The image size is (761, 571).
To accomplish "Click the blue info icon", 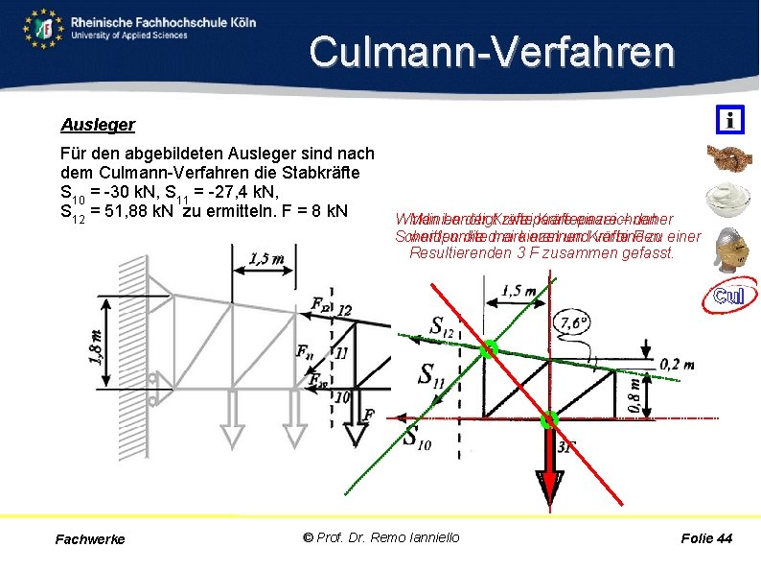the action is pyautogui.click(x=730, y=120).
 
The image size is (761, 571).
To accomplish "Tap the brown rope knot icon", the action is pyautogui.click(x=729, y=158).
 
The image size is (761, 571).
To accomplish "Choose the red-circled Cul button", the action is pyautogui.click(x=729, y=296).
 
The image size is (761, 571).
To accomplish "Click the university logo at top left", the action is pyautogui.click(x=45, y=29).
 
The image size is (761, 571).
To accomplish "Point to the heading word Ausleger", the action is pyautogui.click(x=98, y=125).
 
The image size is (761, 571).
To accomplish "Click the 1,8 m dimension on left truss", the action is pyautogui.click(x=97, y=344).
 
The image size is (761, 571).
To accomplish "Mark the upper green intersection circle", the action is pyautogui.click(x=490, y=348).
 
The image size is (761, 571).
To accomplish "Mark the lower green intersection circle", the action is pyautogui.click(x=549, y=419).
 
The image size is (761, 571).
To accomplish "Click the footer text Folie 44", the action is pyautogui.click(x=706, y=538).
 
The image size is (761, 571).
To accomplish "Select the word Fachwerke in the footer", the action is pyautogui.click(x=90, y=539).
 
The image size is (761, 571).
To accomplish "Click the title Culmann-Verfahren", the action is pyautogui.click(x=492, y=52).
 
